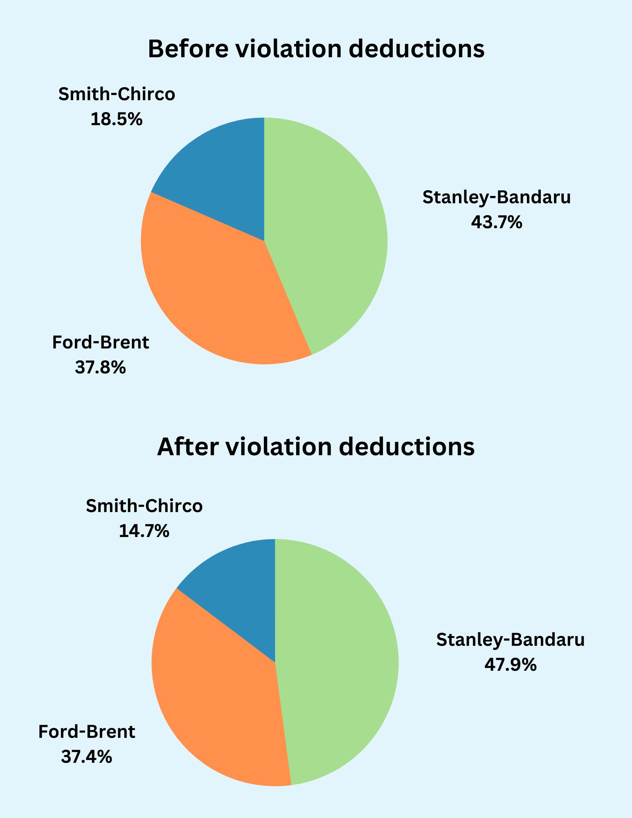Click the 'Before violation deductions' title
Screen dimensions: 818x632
pos(316,49)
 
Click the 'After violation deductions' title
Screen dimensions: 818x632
pos(316,446)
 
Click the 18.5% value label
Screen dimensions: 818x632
pos(117,119)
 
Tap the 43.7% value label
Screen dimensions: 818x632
pos(497,222)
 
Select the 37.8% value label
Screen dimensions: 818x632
pos(100,367)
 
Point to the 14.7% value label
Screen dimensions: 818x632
pos(144,531)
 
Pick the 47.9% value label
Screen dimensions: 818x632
pos(511,665)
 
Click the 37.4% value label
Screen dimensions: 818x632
pos(86,757)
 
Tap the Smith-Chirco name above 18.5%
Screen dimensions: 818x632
pos(117,94)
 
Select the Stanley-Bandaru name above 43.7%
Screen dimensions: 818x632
pos(497,198)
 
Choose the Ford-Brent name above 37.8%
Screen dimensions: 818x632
pos(100,342)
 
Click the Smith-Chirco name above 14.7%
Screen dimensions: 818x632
pos(144,506)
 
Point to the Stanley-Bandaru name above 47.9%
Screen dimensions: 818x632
pos(511,640)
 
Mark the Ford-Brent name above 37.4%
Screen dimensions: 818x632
pos(86,732)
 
